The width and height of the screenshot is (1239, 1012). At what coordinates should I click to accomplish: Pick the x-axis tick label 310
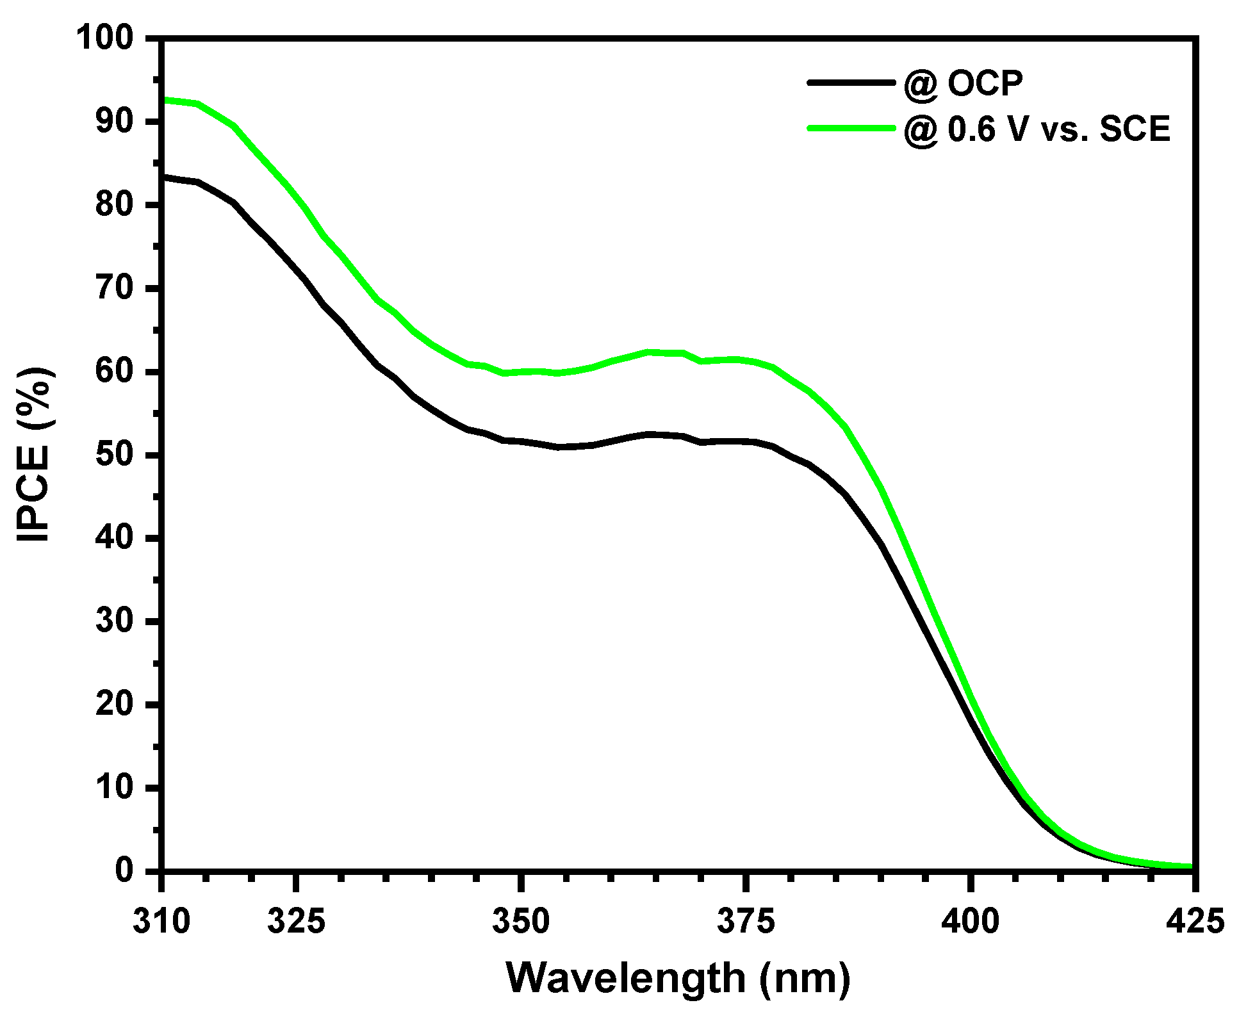pyautogui.click(x=161, y=921)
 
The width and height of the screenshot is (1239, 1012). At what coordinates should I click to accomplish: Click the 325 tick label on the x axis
pyautogui.click(x=296, y=921)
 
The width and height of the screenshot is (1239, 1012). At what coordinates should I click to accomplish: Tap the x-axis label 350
pyautogui.click(x=521, y=921)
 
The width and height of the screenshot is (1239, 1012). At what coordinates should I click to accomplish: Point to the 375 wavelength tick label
pyautogui.click(x=746, y=921)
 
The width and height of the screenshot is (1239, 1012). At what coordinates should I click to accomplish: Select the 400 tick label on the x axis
pyautogui.click(x=971, y=921)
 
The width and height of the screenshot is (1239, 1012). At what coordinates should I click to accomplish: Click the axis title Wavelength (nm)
pyautogui.click(x=678, y=977)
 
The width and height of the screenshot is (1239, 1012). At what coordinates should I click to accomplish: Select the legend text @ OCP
pyautogui.click(x=963, y=83)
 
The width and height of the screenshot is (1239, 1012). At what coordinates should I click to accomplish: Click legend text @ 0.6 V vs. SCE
pyautogui.click(x=1037, y=129)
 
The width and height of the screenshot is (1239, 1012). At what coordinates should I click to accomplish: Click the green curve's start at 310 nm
pyautogui.click(x=165, y=99)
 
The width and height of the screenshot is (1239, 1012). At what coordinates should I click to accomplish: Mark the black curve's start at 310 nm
pyautogui.click(x=165, y=176)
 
